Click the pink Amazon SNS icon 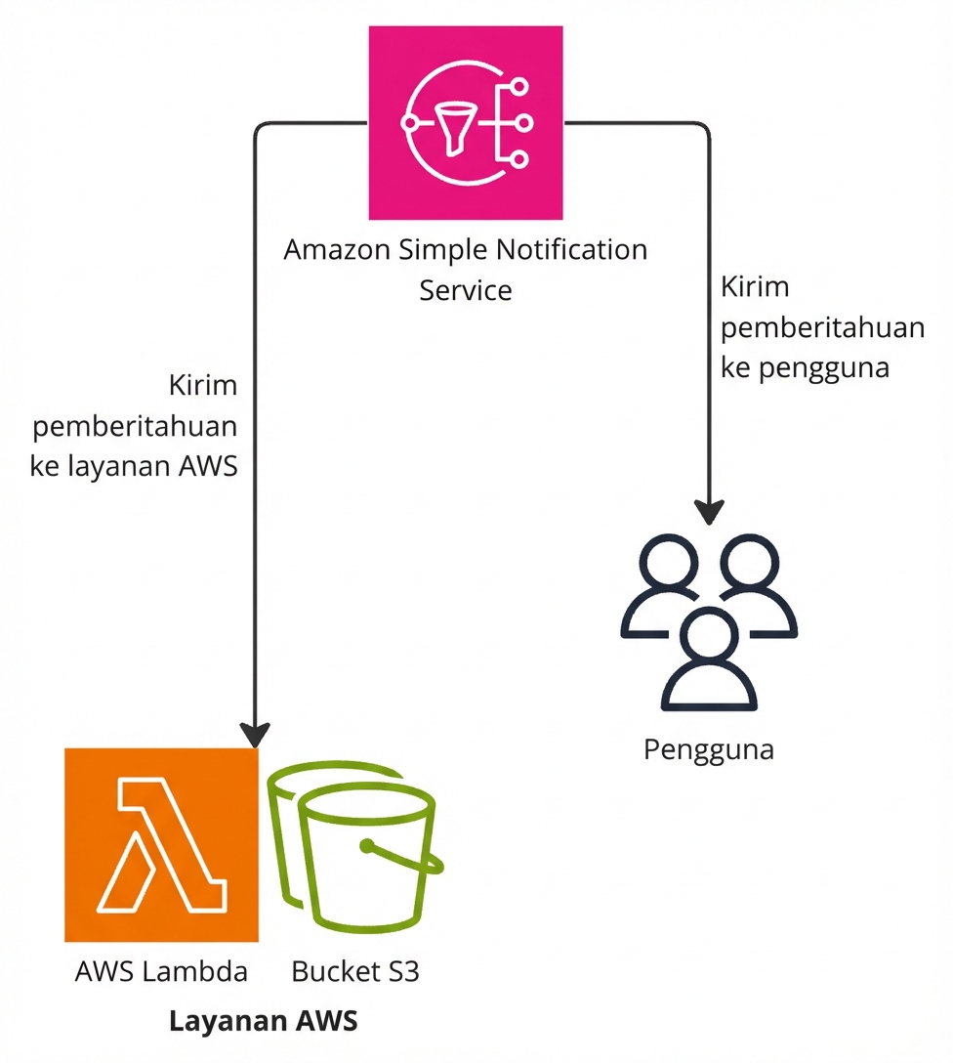tap(466, 123)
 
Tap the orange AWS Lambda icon tap(161, 844)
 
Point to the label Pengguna tap(709, 750)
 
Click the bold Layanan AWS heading tap(264, 1022)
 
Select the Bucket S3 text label tap(355, 972)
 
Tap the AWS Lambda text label tap(161, 972)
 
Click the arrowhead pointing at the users tap(710, 513)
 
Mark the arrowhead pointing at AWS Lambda tap(256, 734)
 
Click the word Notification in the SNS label tap(572, 250)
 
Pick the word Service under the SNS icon tap(466, 290)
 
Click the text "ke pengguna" tap(805, 368)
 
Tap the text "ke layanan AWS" tap(135, 466)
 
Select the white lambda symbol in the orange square tap(161, 844)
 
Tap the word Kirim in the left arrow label tap(203, 385)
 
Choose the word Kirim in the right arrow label tap(755, 288)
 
